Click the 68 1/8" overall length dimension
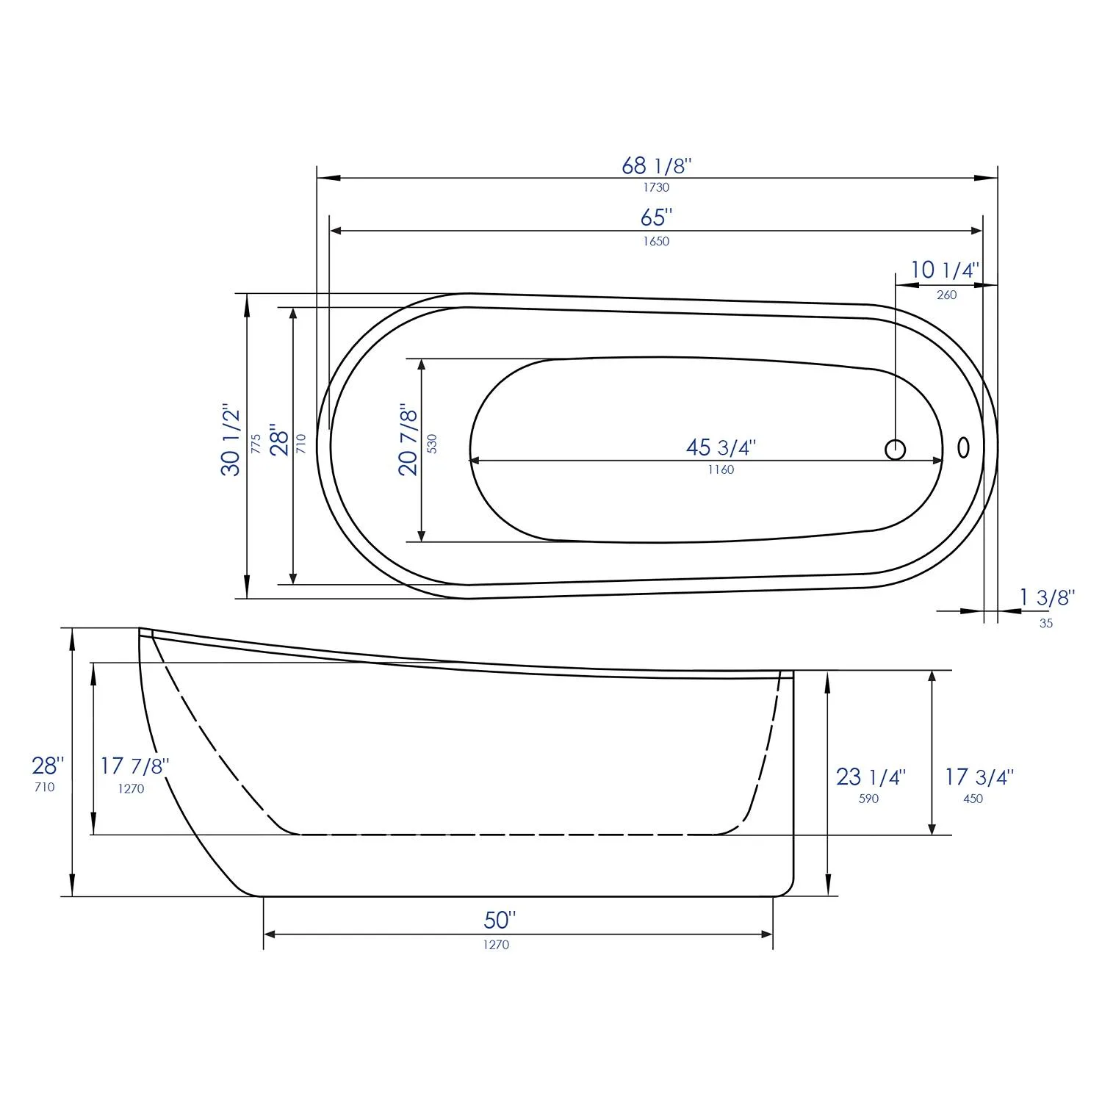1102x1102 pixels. coord(656,166)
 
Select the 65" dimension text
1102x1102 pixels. coord(656,217)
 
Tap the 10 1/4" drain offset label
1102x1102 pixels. coord(945,270)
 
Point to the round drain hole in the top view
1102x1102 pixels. coord(895,449)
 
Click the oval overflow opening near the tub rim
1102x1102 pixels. coord(963,447)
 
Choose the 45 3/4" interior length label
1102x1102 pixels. coord(721,447)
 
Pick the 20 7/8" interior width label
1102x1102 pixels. coord(408,439)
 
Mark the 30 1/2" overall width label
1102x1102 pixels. coord(231,439)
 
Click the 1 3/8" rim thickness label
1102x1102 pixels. coord(1046,597)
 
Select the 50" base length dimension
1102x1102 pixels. coord(500,919)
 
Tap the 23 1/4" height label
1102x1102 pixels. coord(871,777)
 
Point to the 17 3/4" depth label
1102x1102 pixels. coord(979,777)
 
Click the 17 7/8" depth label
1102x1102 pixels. coord(134,766)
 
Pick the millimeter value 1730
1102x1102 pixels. coord(656,187)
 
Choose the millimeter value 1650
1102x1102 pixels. coord(656,241)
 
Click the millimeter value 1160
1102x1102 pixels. coord(721,470)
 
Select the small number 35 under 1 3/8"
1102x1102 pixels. coord(1046,623)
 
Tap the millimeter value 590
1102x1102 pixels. coord(868,799)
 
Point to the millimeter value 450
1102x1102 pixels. coord(973,799)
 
